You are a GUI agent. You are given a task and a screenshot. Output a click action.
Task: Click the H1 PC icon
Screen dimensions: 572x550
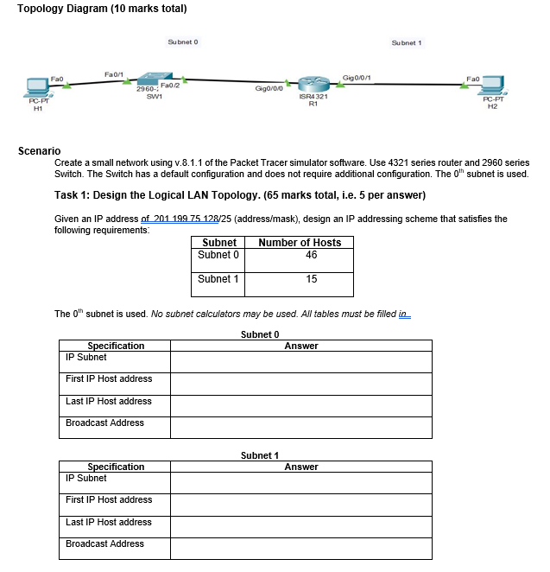click(x=36, y=87)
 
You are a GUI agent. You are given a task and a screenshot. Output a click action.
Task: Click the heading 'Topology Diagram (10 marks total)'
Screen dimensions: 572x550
click(x=102, y=9)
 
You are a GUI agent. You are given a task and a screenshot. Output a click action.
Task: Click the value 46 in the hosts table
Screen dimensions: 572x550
click(x=311, y=256)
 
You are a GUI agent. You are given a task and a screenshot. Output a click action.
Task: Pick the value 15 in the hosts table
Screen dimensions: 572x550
click(x=311, y=279)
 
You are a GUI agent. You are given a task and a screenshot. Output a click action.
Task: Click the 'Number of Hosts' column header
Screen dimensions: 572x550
click(x=300, y=243)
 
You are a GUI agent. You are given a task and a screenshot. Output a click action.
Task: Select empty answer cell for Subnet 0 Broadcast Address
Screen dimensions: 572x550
click(x=300, y=428)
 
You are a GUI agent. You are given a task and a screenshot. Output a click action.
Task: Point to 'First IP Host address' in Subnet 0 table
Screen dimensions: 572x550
click(x=109, y=378)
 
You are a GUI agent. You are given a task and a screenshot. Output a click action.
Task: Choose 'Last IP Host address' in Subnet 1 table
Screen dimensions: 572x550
click(x=109, y=522)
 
